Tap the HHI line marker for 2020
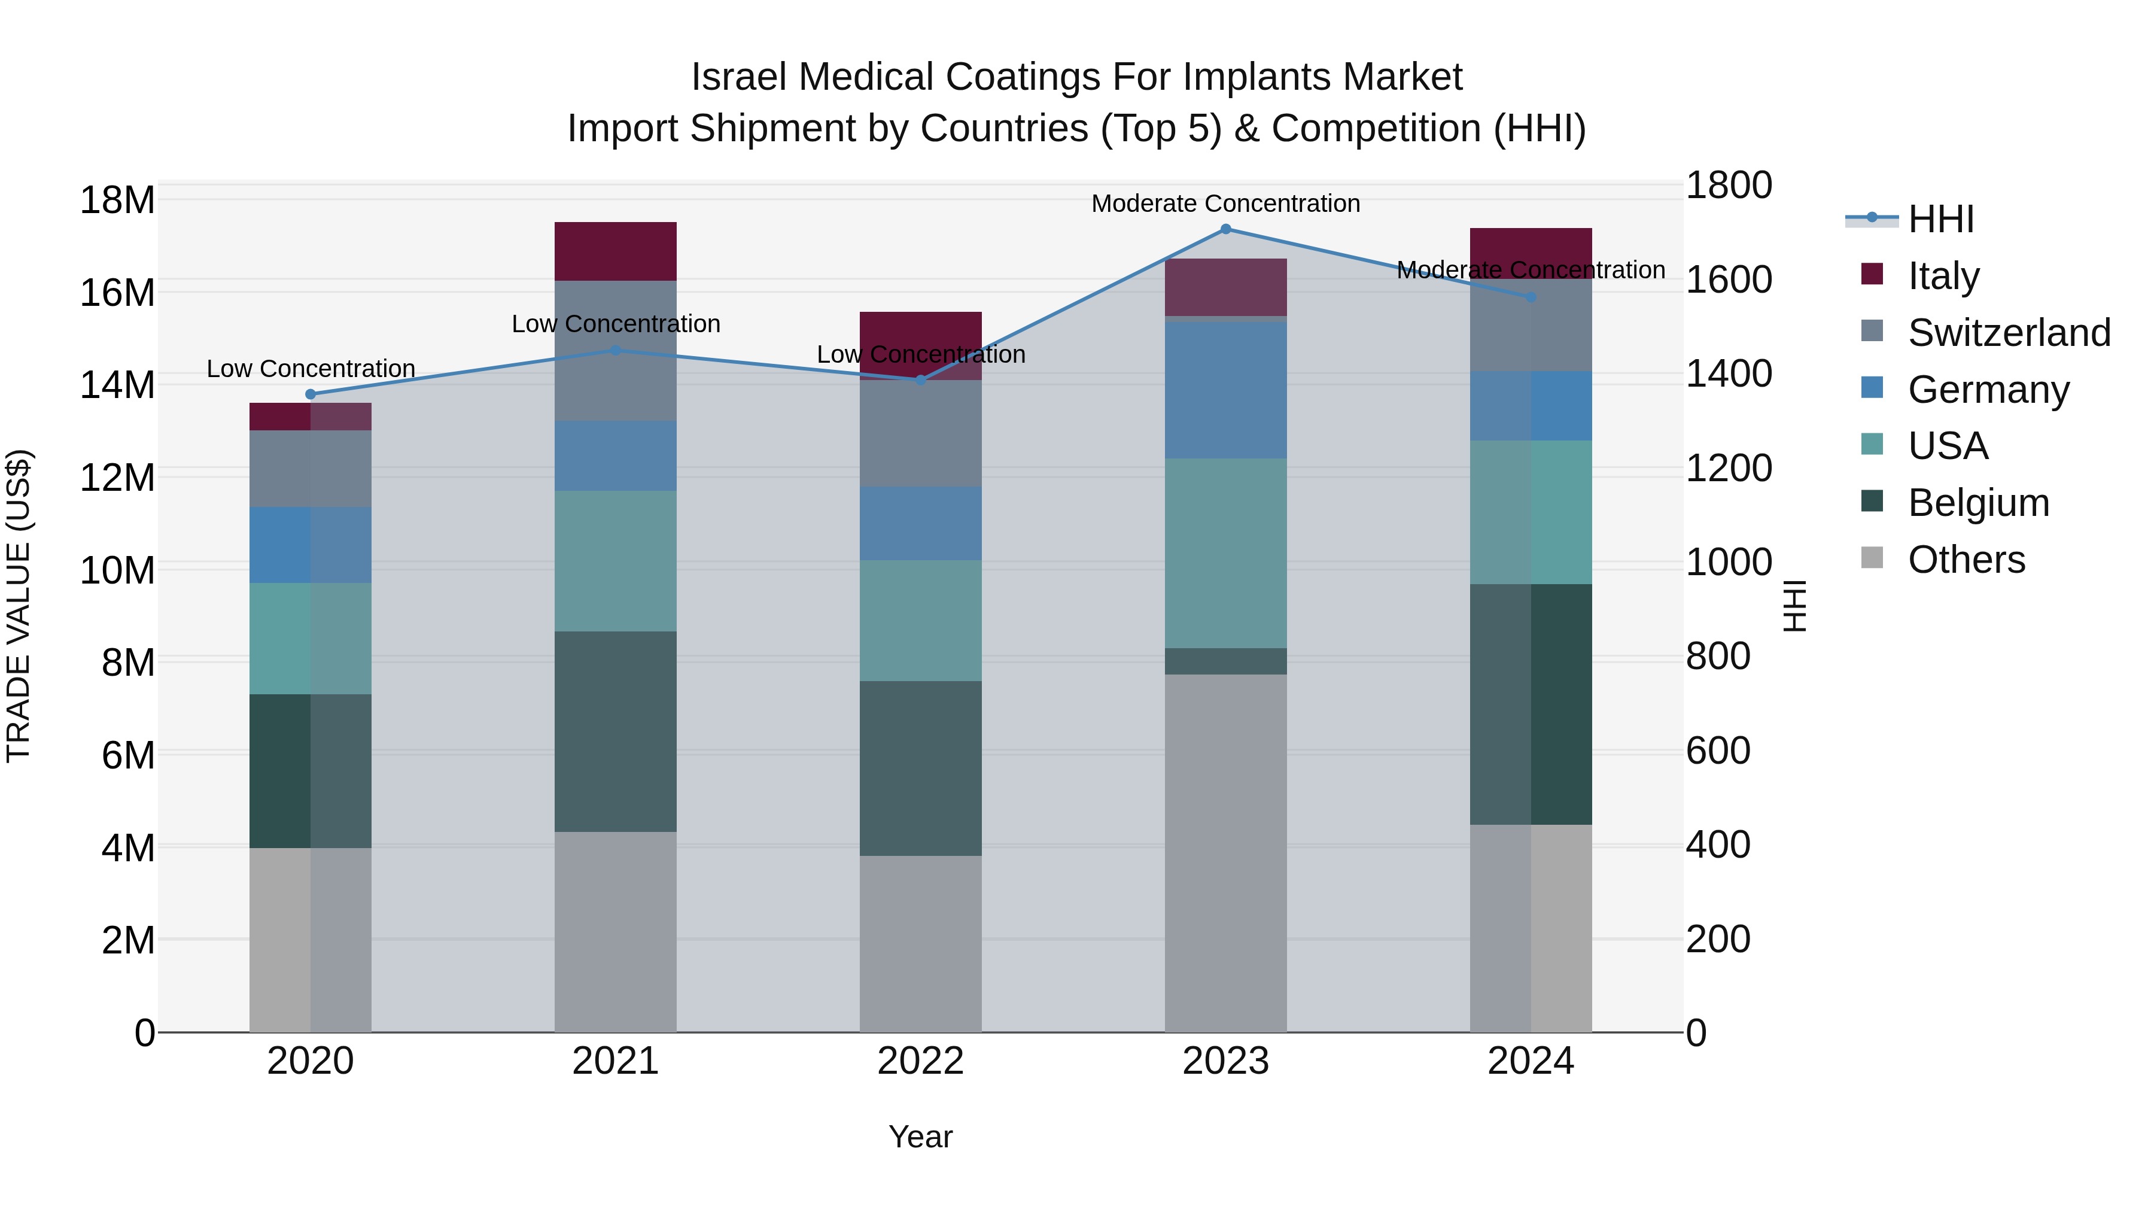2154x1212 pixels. click(310, 394)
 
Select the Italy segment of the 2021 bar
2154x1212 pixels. click(616, 251)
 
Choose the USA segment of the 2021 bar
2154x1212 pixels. click(616, 560)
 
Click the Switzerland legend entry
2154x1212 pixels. click(2009, 333)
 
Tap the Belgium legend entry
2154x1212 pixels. click(1979, 503)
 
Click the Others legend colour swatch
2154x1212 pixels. click(1872, 558)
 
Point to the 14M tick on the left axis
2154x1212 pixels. click(117, 385)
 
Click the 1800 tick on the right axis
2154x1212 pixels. click(1727, 186)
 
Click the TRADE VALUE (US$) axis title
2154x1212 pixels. click(19, 606)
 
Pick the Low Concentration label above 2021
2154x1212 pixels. click(616, 324)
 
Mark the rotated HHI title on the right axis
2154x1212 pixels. click(1794, 606)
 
